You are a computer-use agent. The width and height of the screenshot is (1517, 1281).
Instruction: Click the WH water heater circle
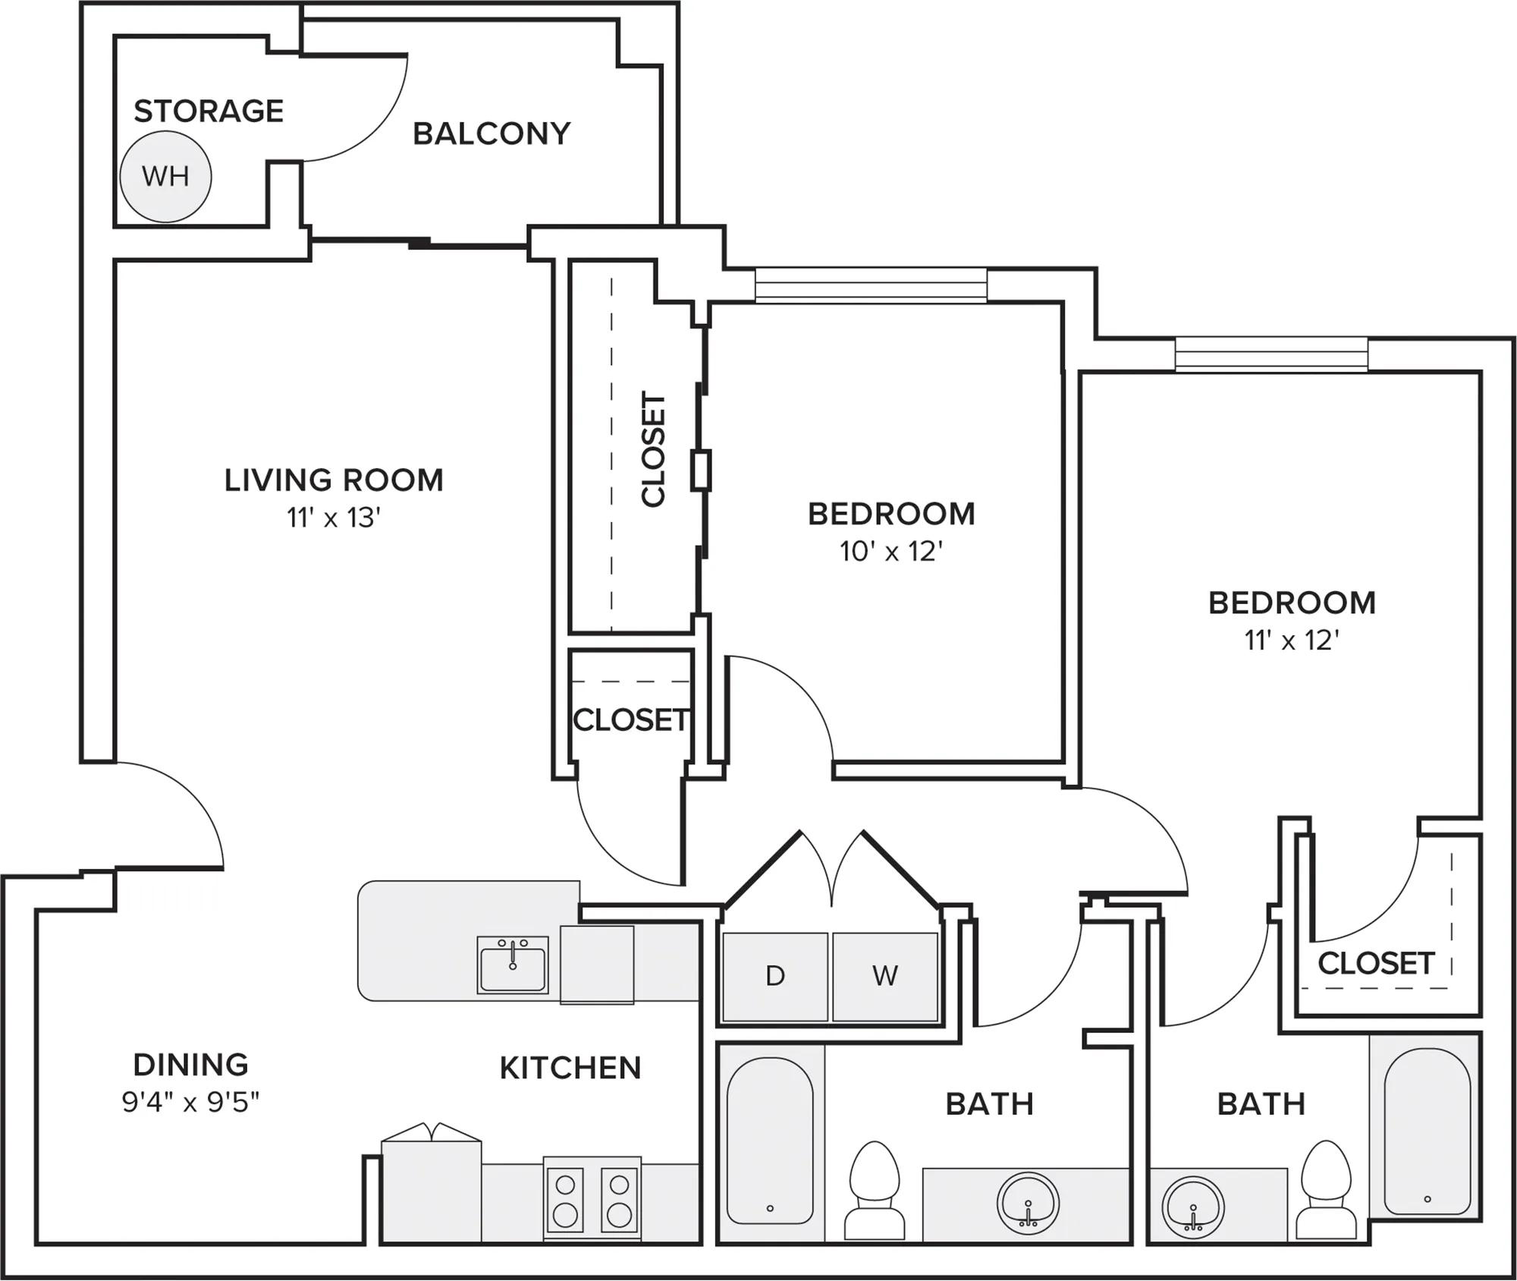165,177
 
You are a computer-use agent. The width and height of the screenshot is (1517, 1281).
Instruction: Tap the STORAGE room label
209,111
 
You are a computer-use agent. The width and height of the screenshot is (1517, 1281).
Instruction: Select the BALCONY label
492,134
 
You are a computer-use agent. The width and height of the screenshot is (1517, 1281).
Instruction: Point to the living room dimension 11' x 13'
334,518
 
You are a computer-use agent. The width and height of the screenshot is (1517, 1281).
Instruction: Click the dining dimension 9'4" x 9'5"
191,1102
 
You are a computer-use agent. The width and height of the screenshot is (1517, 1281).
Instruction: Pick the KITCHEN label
570,1068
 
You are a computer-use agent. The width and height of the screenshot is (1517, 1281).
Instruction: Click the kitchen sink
513,965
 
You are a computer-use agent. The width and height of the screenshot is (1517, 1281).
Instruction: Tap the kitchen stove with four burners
592,1199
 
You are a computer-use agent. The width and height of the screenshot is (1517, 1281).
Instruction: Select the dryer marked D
775,977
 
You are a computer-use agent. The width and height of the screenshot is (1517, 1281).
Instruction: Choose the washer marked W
885,977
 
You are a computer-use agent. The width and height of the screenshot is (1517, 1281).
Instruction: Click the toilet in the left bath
875,1190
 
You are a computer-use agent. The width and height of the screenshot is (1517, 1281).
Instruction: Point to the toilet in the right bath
1326,1189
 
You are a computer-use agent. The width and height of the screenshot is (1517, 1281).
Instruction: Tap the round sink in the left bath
1029,1204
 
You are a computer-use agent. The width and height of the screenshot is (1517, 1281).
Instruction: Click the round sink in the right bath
1193,1207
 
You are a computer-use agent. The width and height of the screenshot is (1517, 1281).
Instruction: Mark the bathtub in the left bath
770,1141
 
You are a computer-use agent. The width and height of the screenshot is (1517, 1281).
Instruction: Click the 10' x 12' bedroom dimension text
891,552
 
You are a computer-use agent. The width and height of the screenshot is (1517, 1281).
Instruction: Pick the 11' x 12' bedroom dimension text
1291,641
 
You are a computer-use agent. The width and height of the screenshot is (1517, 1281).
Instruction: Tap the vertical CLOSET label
653,449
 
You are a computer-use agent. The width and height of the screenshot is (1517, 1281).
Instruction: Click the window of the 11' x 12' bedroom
1271,354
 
